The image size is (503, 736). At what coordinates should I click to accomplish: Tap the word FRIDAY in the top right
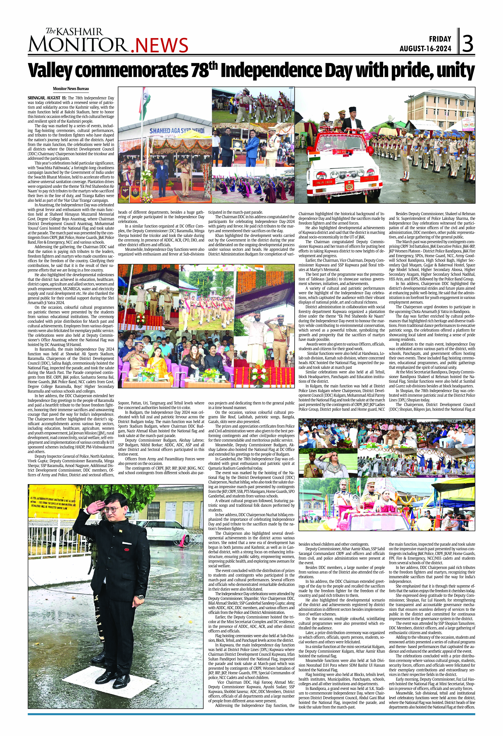click(440, 39)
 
